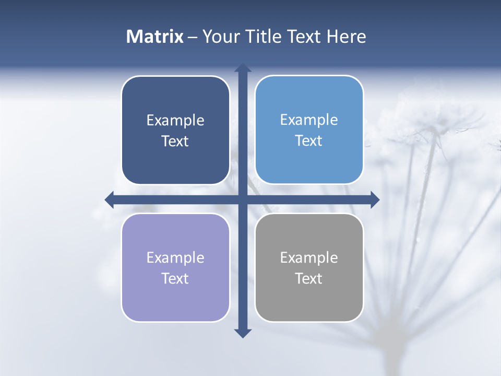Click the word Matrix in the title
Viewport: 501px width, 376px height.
[155, 37]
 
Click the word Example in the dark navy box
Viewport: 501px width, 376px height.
[175, 121]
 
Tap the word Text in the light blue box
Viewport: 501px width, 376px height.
[309, 141]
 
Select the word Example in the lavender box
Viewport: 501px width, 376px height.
[175, 258]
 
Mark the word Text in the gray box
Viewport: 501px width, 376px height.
[309, 279]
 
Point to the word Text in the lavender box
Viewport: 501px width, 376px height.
[175, 279]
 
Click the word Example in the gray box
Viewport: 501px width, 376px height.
[309, 258]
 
